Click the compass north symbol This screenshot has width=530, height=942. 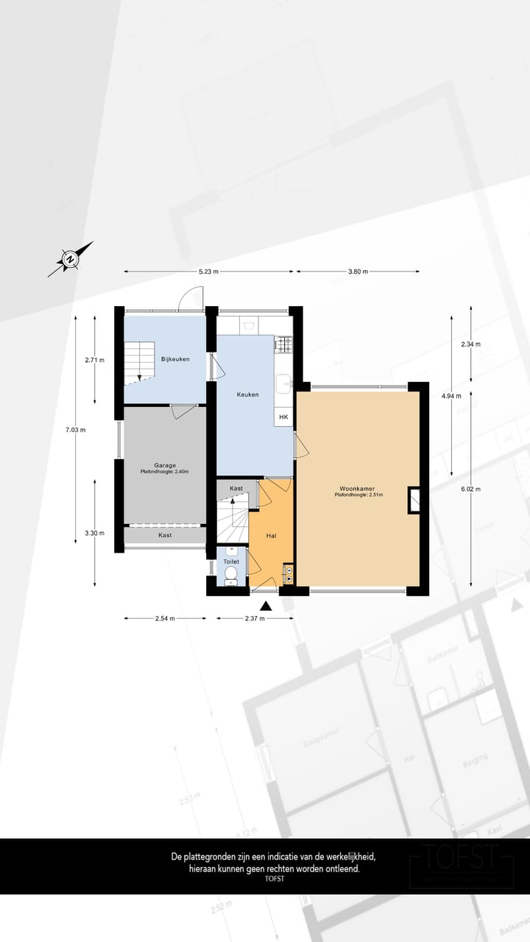pos(70,259)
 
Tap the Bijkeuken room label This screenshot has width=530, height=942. pos(176,359)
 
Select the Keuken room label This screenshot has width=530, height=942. pos(247,394)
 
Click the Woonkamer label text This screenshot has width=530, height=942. pos(354,489)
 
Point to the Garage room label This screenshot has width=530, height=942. pos(164,465)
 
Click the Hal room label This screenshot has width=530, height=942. pos(271,536)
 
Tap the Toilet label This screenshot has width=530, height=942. pos(231,562)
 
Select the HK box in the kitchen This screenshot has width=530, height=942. pos(283,417)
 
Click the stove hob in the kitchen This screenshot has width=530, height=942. pos(283,343)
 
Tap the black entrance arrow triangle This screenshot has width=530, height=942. pos(266,606)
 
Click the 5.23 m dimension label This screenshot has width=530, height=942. pos(208,272)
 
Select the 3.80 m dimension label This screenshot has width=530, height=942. pos(358,272)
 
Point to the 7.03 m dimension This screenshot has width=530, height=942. pos(76,430)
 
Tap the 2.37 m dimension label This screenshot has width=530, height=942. pos(254,619)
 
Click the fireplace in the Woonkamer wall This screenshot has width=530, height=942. pos(414,500)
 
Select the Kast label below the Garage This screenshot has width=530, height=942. pos(165,535)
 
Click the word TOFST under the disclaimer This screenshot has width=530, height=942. pos(274,878)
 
